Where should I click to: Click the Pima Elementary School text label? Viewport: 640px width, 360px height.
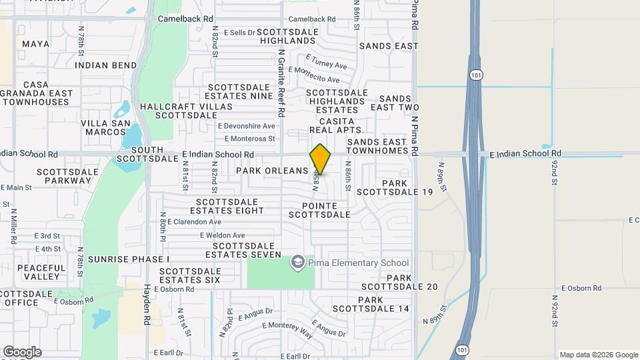[x=357, y=263]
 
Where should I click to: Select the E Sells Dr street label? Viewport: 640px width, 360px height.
[x=239, y=32]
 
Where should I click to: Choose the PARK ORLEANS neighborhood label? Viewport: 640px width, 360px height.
[x=272, y=171]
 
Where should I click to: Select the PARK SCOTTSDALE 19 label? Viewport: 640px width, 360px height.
[x=395, y=187]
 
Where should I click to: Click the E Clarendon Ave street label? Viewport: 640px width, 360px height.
[x=194, y=221]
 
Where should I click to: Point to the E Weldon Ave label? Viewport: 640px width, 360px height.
[x=223, y=235]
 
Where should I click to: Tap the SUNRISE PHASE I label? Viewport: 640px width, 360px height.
[x=129, y=259]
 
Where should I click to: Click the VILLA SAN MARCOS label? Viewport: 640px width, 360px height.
[x=104, y=127]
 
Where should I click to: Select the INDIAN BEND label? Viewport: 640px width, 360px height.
[x=106, y=65]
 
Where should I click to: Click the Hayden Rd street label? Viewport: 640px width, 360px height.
[x=146, y=305]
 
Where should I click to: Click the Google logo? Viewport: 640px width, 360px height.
[x=22, y=352]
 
